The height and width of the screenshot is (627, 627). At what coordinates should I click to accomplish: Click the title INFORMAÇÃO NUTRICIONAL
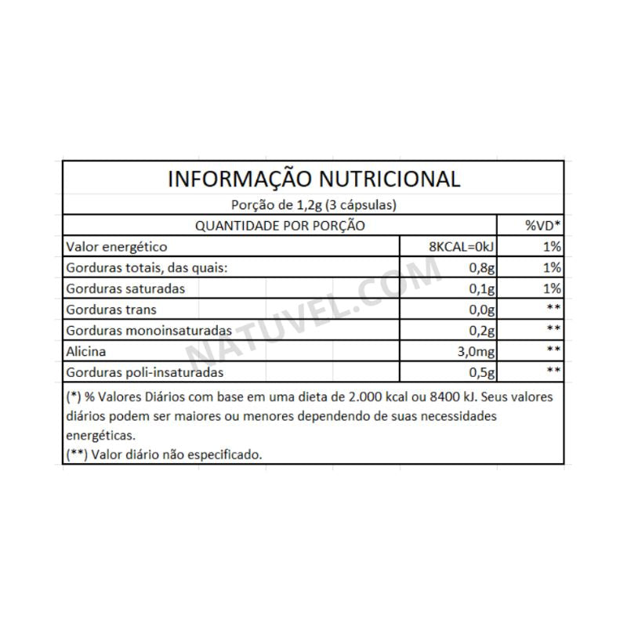point(313,179)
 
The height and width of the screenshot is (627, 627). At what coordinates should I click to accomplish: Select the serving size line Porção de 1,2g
point(313,205)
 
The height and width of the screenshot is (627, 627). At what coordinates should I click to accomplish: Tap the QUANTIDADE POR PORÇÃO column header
point(280,226)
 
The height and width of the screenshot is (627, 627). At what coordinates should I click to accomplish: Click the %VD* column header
point(542,226)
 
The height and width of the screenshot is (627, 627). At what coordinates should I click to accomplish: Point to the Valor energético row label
point(117,247)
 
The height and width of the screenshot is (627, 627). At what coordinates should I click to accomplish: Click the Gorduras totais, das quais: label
point(147,267)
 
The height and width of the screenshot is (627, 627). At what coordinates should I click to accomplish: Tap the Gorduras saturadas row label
point(125,288)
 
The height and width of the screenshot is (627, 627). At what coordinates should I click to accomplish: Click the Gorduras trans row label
point(112,310)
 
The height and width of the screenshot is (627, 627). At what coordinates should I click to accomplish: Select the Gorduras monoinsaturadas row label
point(149,330)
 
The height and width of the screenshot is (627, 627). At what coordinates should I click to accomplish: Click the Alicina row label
point(86,351)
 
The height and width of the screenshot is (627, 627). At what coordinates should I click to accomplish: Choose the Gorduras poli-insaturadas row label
point(146,371)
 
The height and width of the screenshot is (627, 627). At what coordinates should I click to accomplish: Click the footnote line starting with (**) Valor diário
point(165,455)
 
